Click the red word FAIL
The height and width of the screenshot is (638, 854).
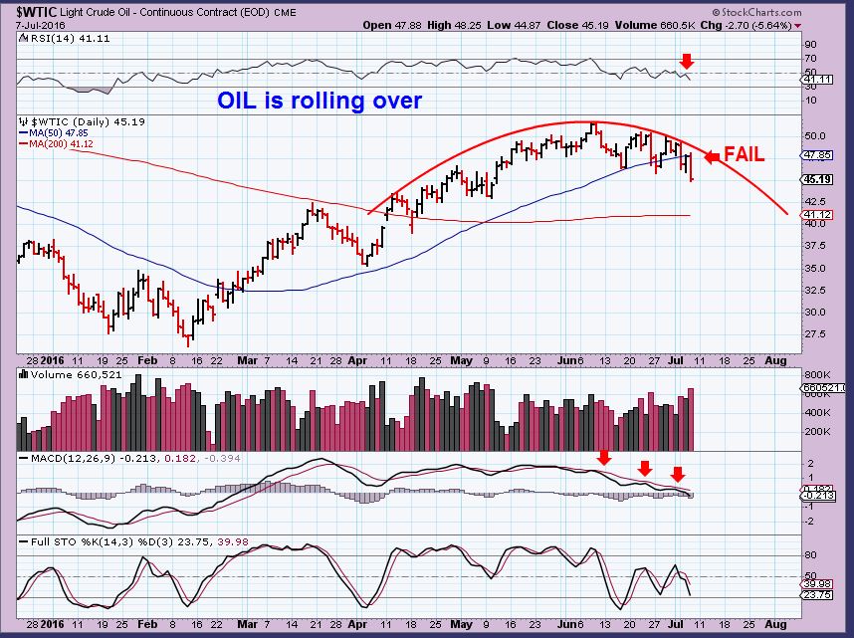click(745, 155)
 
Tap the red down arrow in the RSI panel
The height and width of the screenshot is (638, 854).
click(686, 63)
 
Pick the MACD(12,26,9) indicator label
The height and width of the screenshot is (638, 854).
click(61, 459)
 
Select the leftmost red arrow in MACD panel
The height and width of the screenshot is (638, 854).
click(602, 457)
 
